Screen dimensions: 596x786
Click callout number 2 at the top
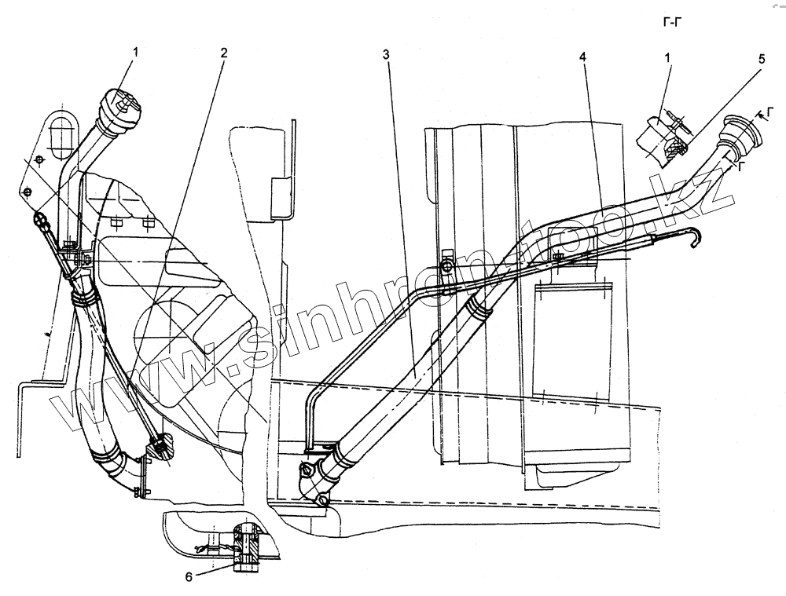[224, 53]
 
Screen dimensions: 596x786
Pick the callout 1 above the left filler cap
[136, 52]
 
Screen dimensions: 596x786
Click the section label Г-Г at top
[673, 23]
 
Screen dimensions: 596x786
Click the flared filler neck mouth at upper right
[743, 130]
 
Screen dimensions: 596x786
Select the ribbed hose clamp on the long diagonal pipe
[477, 307]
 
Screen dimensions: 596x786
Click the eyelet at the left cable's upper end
[39, 218]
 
